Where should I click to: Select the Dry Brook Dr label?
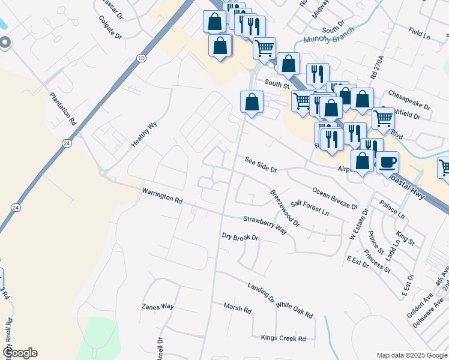point(240,237)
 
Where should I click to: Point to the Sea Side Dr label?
point(261,164)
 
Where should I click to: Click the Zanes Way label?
point(157,307)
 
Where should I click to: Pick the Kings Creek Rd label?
point(283,338)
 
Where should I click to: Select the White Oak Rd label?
point(294,310)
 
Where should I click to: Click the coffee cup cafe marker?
point(387,161)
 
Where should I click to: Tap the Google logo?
point(20,353)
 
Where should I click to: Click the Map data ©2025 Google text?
point(412,355)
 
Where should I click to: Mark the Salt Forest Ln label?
point(310,208)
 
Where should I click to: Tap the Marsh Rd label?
point(237,308)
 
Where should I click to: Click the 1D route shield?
point(141,58)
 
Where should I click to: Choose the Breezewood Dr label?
point(285,208)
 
